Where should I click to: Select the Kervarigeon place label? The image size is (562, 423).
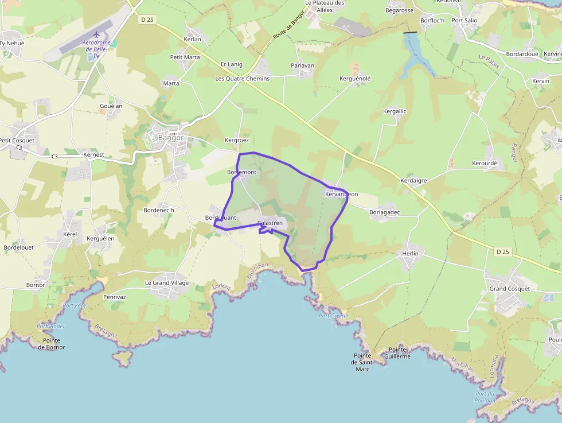tap(341, 195)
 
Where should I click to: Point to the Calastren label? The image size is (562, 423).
tap(270, 223)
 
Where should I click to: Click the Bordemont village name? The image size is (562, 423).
tap(241, 172)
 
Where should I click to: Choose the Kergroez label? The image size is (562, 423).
tap(237, 140)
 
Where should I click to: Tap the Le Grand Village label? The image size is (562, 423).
tap(166, 283)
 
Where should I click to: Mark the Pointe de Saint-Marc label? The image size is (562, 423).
tap(362, 362)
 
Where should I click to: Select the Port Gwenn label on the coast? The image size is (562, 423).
tap(334, 316)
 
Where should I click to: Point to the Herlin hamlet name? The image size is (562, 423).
tap(411, 253)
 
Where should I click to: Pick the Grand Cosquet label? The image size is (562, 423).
tap(510, 289)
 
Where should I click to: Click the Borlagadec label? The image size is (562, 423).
tap(385, 212)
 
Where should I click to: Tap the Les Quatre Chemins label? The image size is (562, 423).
tap(242, 79)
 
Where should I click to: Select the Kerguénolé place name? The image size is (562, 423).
tap(355, 78)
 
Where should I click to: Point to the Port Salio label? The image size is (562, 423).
tap(465, 21)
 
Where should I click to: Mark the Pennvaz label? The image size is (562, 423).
tap(115, 297)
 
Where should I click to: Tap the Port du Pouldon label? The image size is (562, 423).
tap(485, 397)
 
